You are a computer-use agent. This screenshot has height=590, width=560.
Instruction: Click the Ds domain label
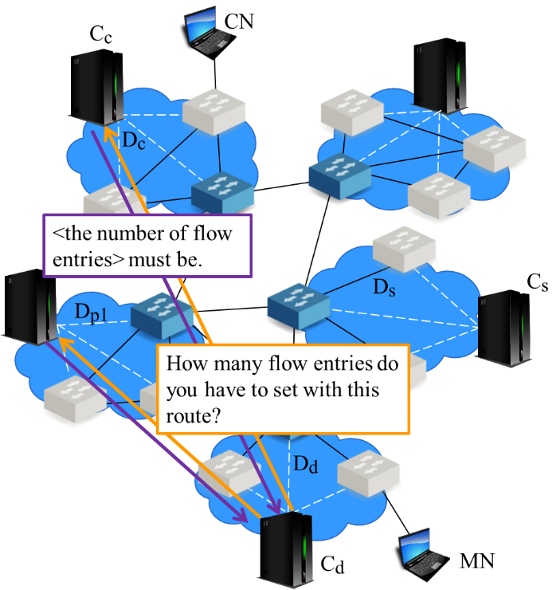click(385, 287)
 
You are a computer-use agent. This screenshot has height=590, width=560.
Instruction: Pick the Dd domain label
click(306, 465)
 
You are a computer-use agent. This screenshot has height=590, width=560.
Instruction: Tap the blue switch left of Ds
click(293, 306)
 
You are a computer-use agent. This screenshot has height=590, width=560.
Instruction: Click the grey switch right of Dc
click(213, 113)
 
